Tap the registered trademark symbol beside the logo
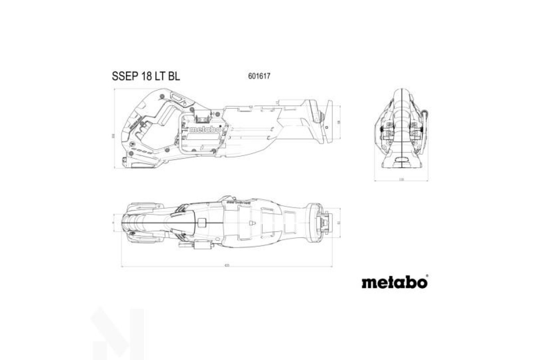[x=427, y=275]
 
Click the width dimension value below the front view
[x=401, y=179]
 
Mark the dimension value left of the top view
[x=113, y=222]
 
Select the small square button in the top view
[x=202, y=222]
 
